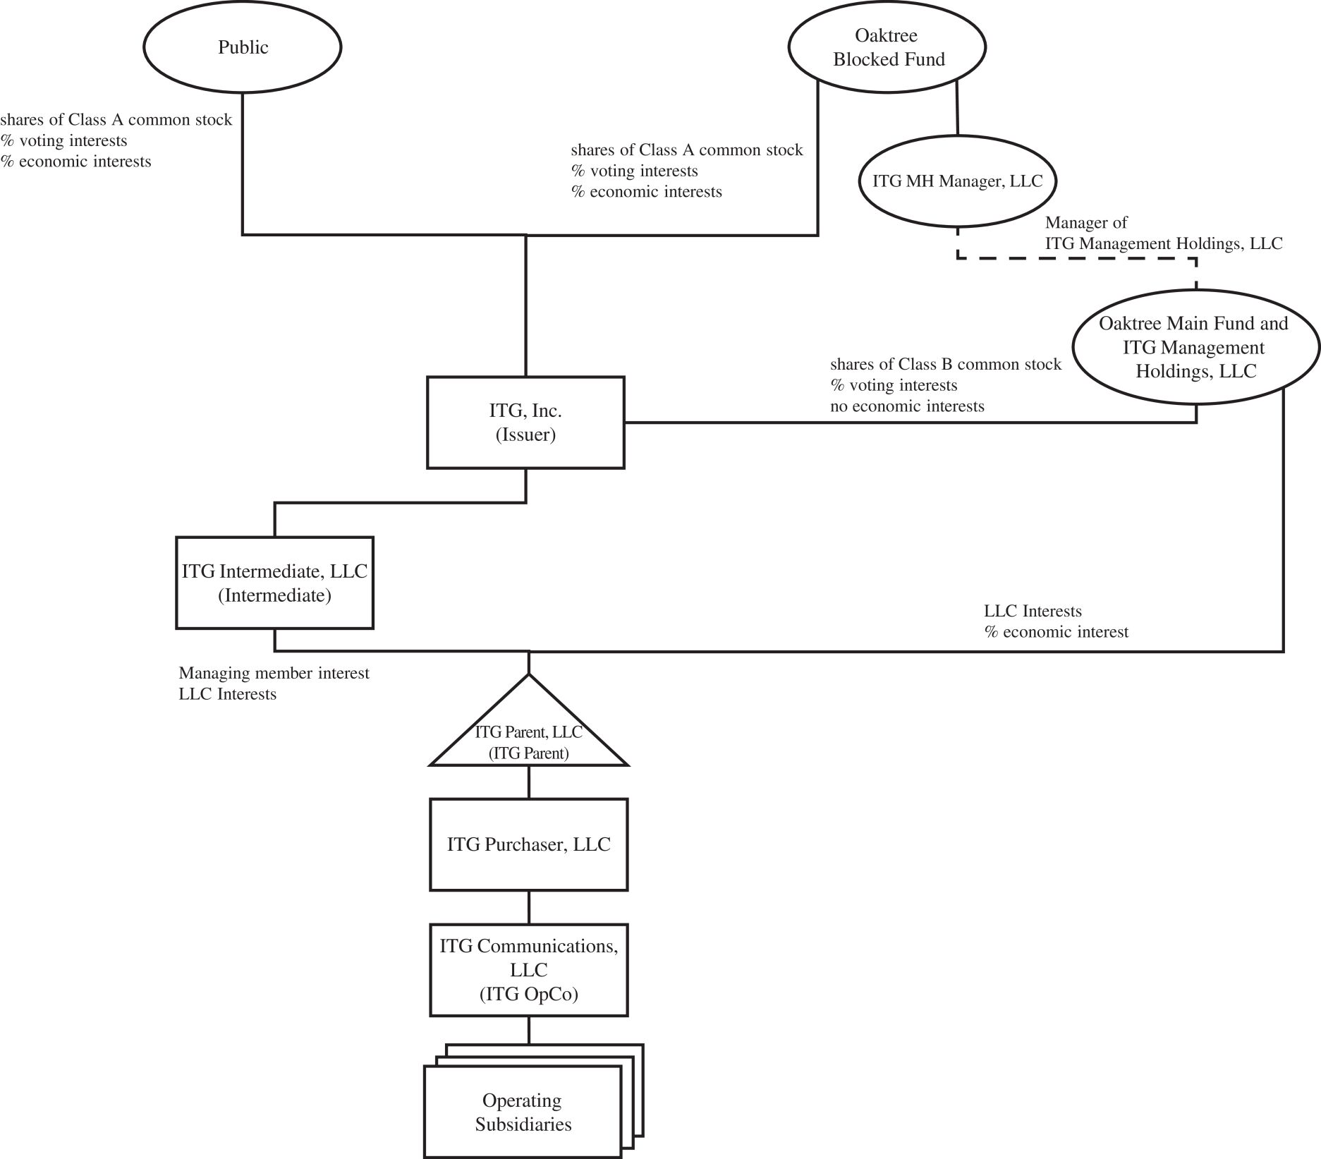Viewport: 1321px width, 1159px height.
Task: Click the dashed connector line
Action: pyautogui.click(x=1077, y=259)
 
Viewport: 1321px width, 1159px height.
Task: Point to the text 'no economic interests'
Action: pyautogui.click(x=907, y=406)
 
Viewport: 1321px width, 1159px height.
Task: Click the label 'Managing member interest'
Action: pyautogui.click(x=274, y=673)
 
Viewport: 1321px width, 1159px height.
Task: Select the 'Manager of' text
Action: pyautogui.click(x=1086, y=223)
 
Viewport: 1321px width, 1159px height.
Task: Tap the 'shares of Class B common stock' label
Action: pyautogui.click(x=945, y=364)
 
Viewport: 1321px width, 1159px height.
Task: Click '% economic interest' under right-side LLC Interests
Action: pyautogui.click(x=1057, y=632)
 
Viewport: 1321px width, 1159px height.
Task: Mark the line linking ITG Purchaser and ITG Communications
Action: pyautogui.click(x=529, y=908)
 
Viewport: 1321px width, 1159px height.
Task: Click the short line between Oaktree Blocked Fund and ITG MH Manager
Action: pyautogui.click(x=957, y=108)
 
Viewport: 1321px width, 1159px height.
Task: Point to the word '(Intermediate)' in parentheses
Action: pyautogui.click(x=274, y=595)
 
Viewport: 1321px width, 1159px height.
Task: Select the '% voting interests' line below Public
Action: pyautogui.click(x=63, y=140)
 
